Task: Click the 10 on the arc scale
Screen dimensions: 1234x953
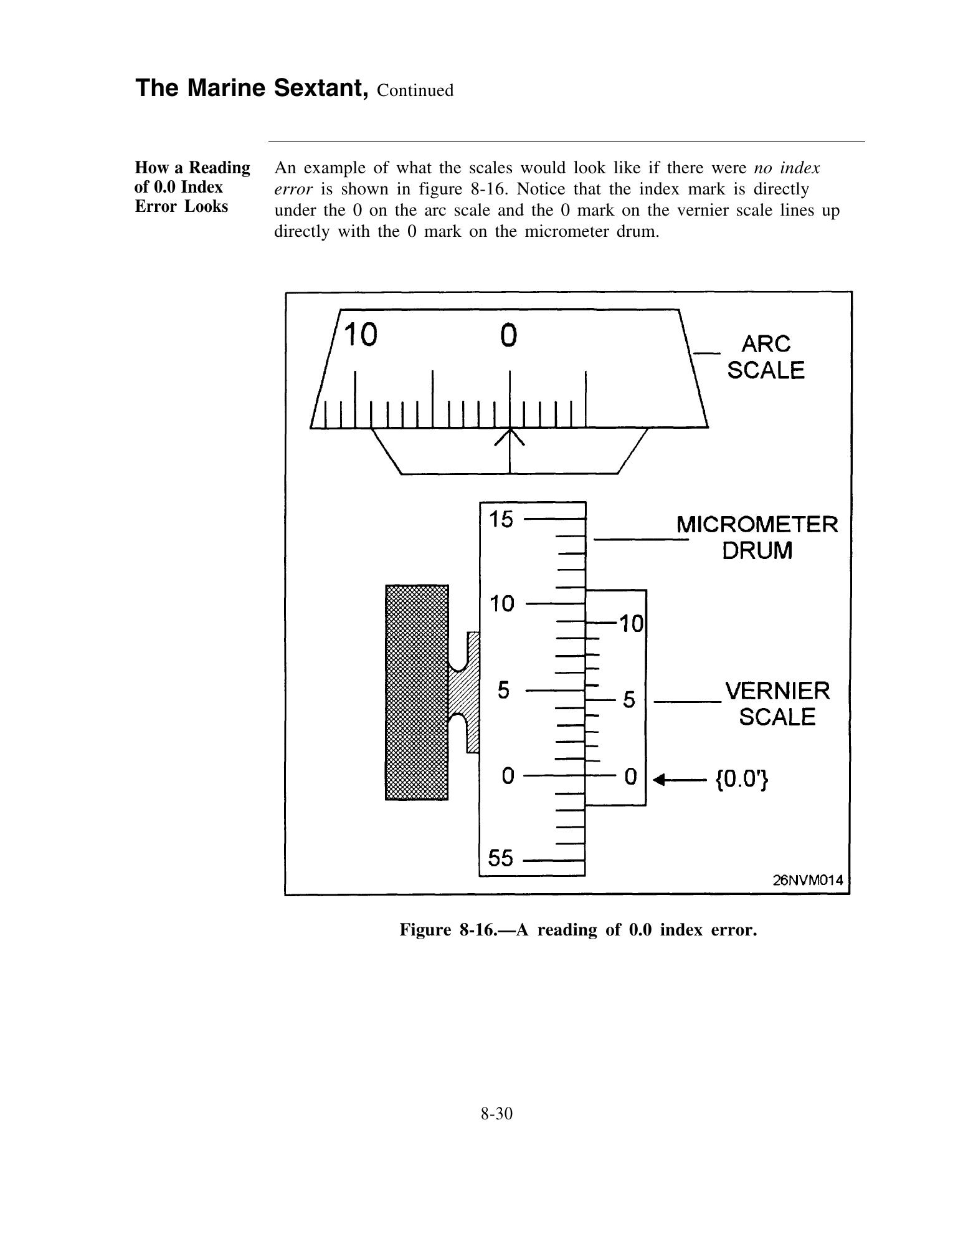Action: pyautogui.click(x=361, y=335)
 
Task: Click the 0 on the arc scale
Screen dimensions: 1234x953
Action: pyautogui.click(x=509, y=335)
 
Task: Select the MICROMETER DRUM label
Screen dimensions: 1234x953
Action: pyautogui.click(x=757, y=537)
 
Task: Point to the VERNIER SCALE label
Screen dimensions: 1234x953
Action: pyautogui.click(x=777, y=704)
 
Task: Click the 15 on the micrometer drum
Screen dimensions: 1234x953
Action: pyautogui.click(x=501, y=519)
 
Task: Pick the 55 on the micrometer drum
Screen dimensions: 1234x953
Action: pyautogui.click(x=501, y=859)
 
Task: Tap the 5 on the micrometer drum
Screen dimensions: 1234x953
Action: pyautogui.click(x=505, y=691)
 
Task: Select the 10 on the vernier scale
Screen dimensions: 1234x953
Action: pyautogui.click(x=630, y=623)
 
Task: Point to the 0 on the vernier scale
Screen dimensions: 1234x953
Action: pyautogui.click(x=630, y=777)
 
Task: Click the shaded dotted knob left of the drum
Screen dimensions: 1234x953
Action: pyautogui.click(x=417, y=692)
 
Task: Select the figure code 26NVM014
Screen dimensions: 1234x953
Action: pyautogui.click(x=808, y=880)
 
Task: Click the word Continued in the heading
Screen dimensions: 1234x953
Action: pyautogui.click(x=415, y=91)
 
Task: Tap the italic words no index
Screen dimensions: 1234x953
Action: pyautogui.click(x=787, y=168)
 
